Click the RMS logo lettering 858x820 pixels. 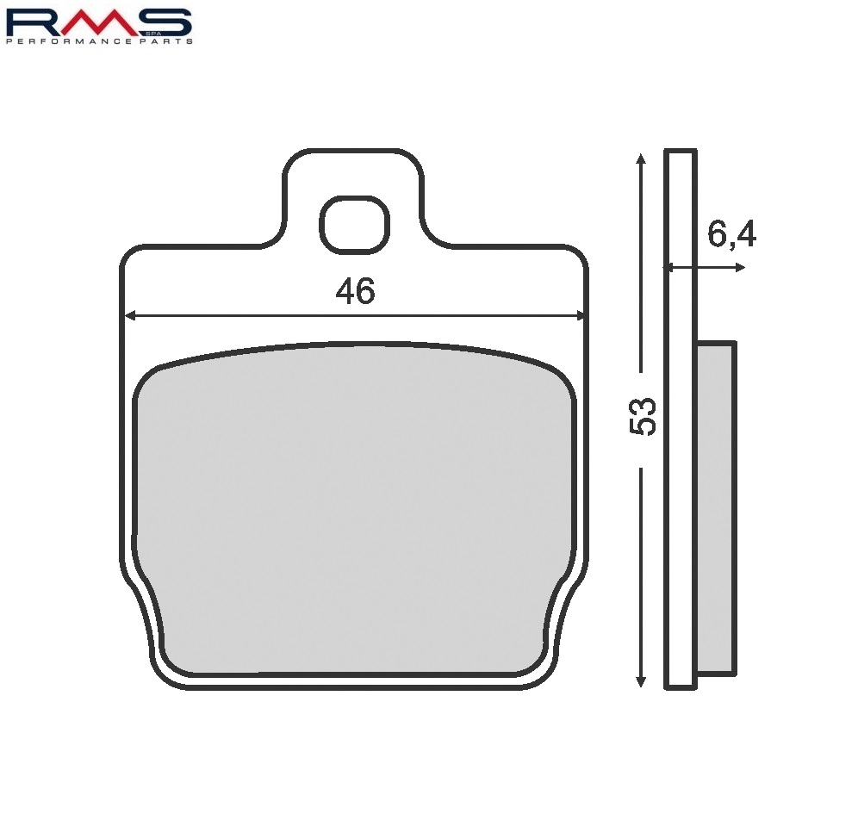click(98, 22)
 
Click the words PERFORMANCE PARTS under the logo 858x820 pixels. click(99, 40)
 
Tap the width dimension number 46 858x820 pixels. click(355, 293)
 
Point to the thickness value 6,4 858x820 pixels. click(731, 234)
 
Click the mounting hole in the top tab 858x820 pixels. click(354, 225)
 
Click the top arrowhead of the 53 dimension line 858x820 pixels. click(639, 159)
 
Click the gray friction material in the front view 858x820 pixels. click(353, 508)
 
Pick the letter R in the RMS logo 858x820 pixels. click(34, 22)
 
